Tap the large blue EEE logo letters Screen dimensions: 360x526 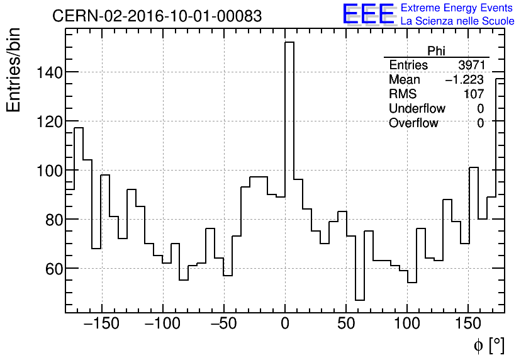coord(368,14)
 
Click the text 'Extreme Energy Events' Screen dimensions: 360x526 coord(457,8)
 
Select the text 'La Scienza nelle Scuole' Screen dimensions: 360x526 coord(457,21)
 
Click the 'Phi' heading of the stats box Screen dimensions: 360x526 coord(436,51)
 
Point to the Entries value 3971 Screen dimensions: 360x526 coord(471,65)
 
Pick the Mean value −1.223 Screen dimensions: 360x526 coord(464,80)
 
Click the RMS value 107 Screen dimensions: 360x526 coord(473,94)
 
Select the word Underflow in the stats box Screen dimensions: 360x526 coord(417,109)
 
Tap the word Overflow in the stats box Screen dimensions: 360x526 coord(413,123)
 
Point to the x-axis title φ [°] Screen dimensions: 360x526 coord(488,346)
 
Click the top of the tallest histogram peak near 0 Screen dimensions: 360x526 coord(289,43)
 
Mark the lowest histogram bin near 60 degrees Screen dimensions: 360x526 coord(360,300)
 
